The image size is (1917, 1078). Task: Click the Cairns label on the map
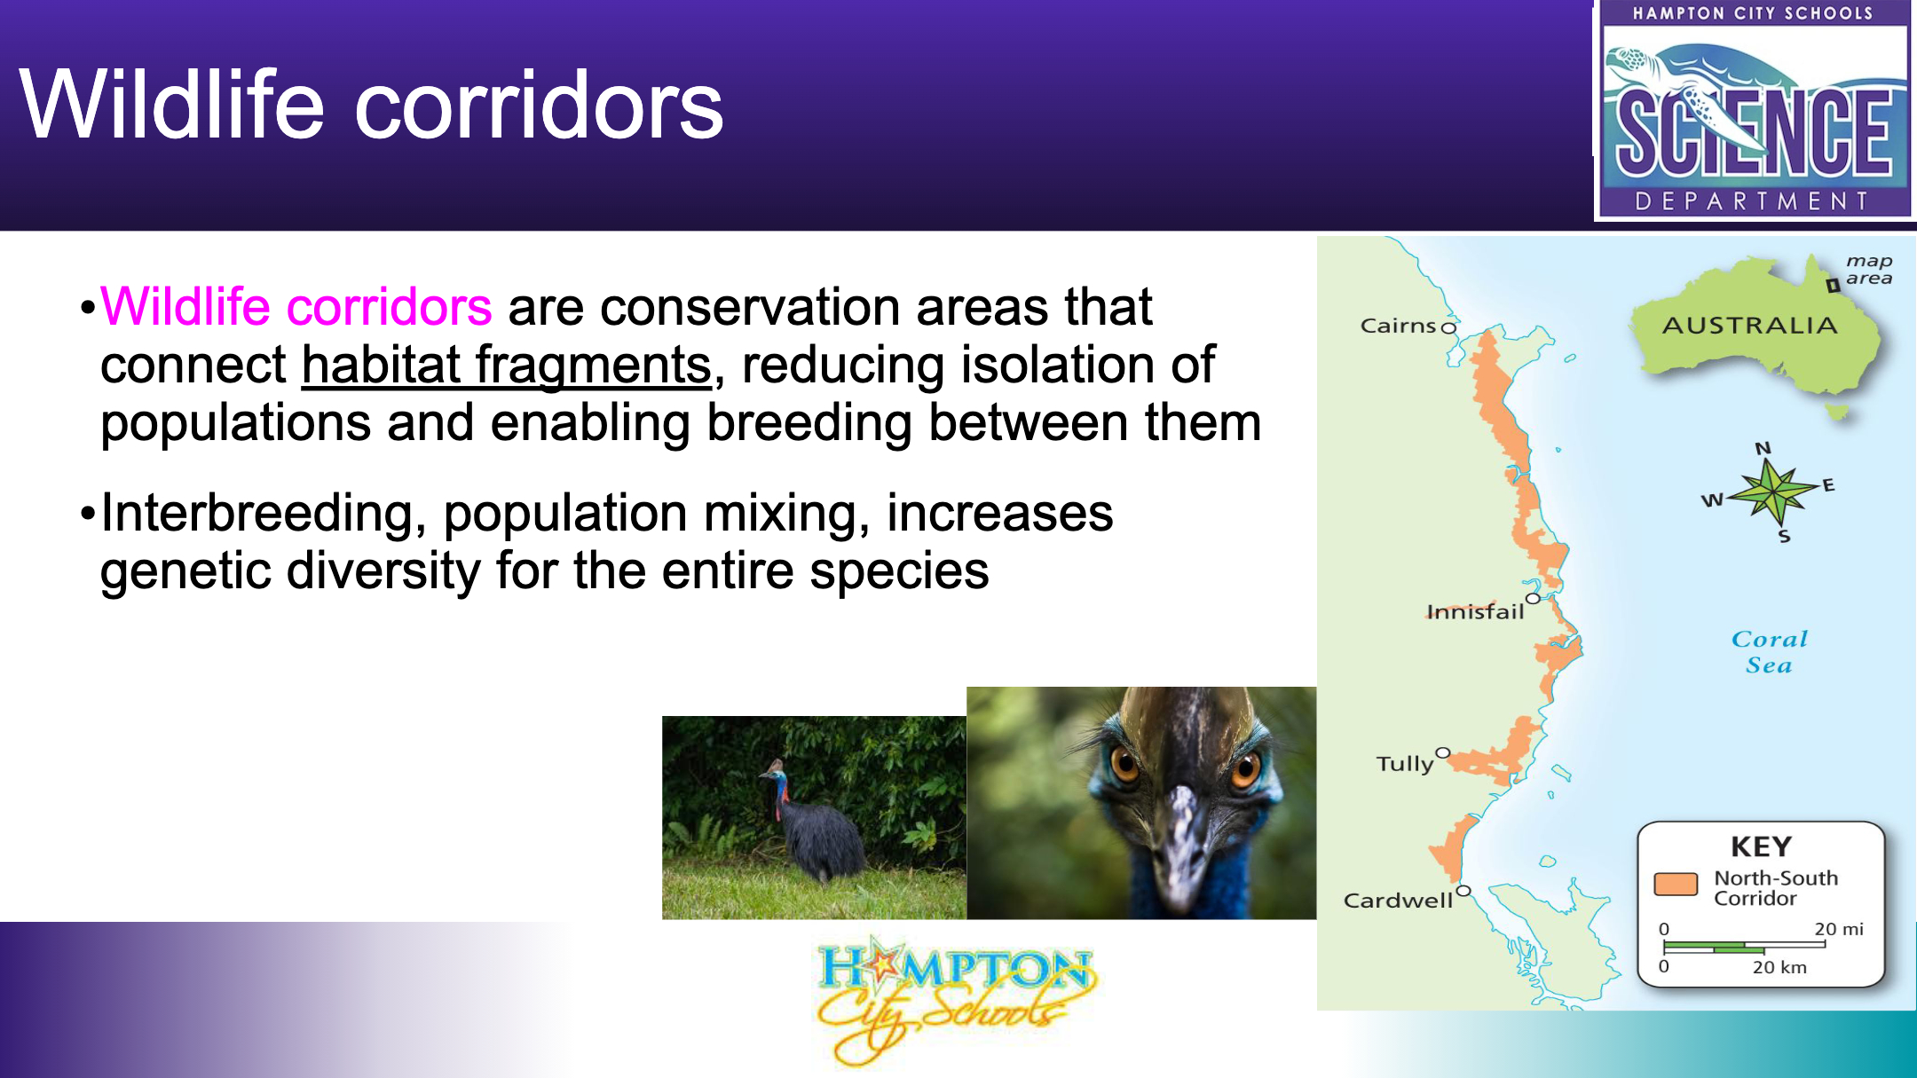[x=1398, y=326]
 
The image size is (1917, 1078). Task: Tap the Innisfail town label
[x=1475, y=611]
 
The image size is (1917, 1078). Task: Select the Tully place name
[x=1405, y=764]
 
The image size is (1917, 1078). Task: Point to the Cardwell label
[x=1398, y=900]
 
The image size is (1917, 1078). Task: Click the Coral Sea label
[x=1769, y=652]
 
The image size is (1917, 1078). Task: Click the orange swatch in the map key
[x=1676, y=885]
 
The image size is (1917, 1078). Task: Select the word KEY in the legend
[x=1762, y=846]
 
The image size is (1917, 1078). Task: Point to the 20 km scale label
[x=1779, y=967]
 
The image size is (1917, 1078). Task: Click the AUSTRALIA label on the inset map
[x=1749, y=326]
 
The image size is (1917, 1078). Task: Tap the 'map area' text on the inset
[x=1869, y=270]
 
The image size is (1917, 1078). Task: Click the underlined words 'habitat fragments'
[x=507, y=366]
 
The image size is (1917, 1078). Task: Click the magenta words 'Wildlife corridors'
[x=296, y=307]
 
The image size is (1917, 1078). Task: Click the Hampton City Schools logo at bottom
[x=955, y=1000]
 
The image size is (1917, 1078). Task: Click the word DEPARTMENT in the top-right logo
[x=1752, y=201]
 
